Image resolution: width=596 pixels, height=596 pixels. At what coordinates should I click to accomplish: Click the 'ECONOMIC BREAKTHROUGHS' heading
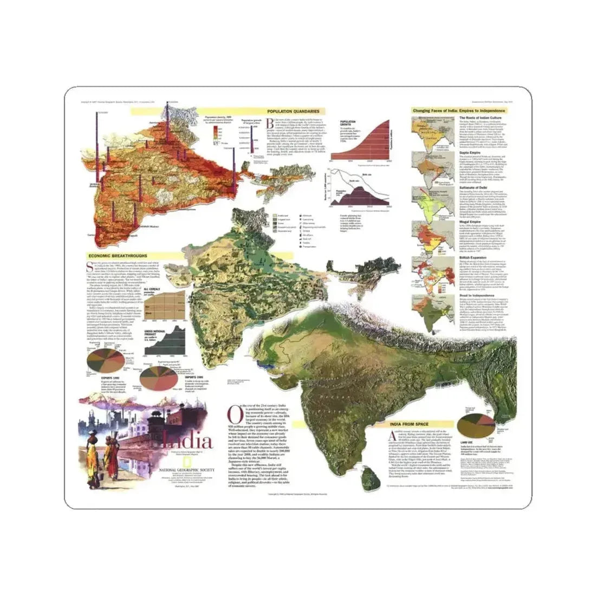115,256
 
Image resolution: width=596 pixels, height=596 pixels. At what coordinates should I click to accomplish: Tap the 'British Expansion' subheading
475,259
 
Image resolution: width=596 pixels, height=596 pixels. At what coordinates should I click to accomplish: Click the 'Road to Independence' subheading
477,295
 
